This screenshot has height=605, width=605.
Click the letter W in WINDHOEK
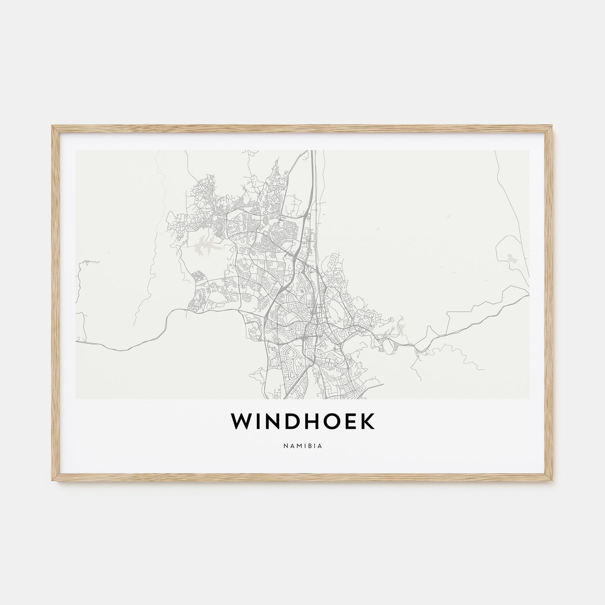(242, 423)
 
